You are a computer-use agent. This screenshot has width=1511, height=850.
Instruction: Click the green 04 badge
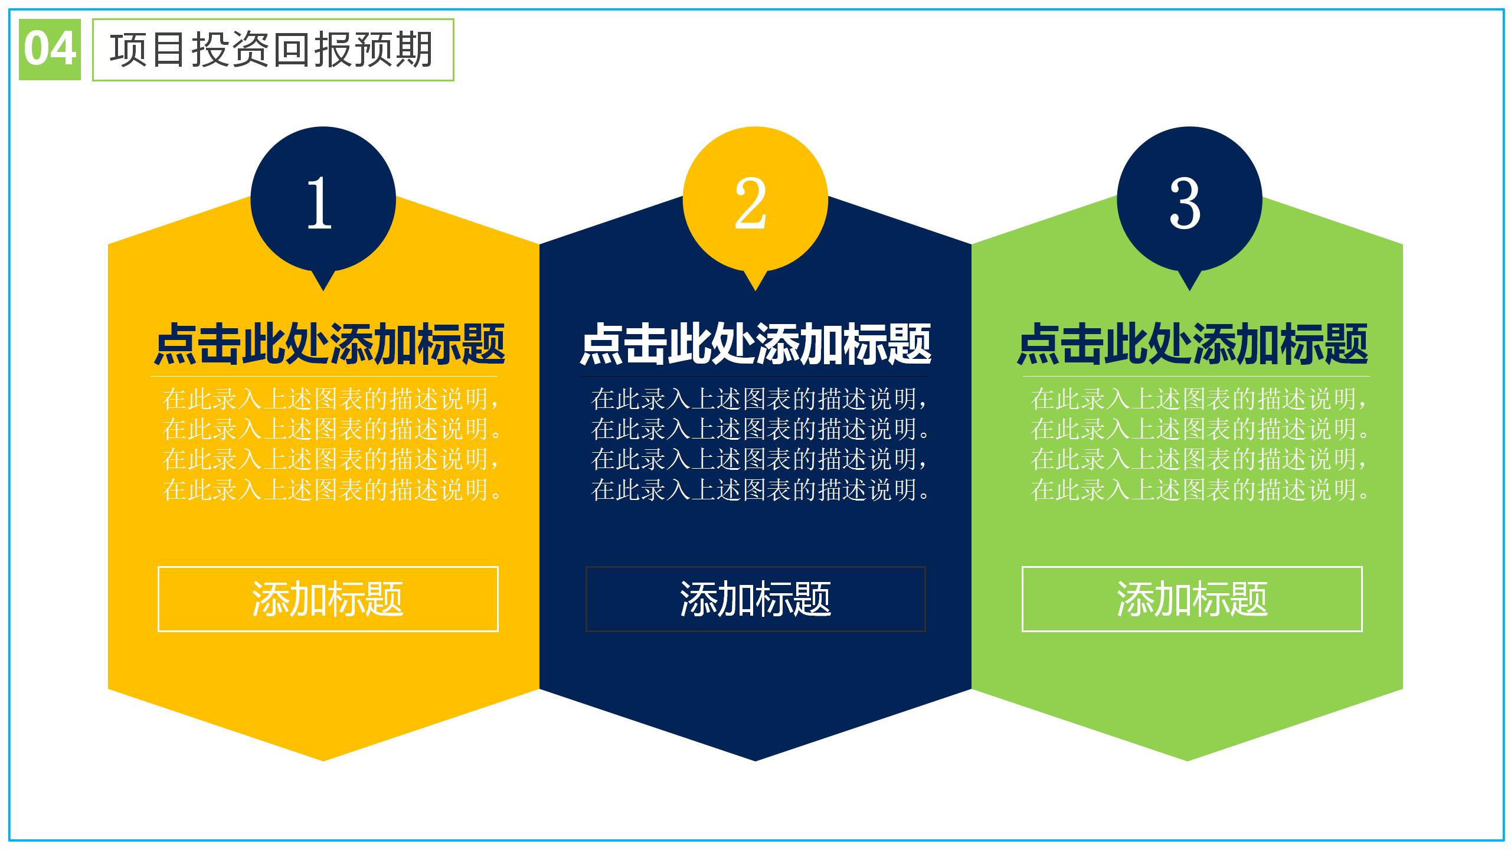pyautogui.click(x=50, y=50)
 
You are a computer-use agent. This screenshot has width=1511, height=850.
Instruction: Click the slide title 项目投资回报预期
pyautogui.click(x=272, y=50)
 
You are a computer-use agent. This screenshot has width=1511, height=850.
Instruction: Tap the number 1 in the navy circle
pyautogui.click(x=320, y=203)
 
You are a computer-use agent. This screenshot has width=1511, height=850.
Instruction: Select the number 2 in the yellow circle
pyautogui.click(x=751, y=203)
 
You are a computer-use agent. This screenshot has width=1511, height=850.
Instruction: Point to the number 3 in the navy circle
pyautogui.click(x=1185, y=203)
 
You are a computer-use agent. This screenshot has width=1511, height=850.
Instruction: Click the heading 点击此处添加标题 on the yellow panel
pyautogui.click(x=329, y=345)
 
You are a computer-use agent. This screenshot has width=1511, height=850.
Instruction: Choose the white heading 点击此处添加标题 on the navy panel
pyautogui.click(x=755, y=345)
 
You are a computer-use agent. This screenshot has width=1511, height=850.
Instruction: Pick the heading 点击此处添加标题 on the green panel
pyautogui.click(x=1192, y=345)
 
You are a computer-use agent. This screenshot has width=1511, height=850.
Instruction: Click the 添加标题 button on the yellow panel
pyautogui.click(x=328, y=599)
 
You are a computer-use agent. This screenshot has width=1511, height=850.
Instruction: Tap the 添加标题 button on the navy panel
pyautogui.click(x=755, y=599)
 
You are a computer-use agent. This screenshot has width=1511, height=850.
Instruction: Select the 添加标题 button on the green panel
pyautogui.click(x=1192, y=599)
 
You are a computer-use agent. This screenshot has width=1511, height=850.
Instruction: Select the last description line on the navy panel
pyautogui.click(x=760, y=490)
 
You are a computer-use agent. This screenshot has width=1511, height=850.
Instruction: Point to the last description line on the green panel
pyautogui.click(x=1199, y=490)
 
